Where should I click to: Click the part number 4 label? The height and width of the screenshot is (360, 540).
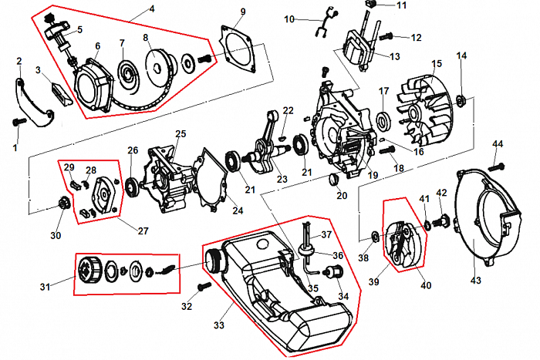click(x=151, y=8)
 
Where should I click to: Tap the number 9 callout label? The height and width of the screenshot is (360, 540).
click(x=242, y=11)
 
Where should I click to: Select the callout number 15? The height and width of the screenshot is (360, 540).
click(x=436, y=63)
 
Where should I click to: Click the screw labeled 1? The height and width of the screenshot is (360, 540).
click(x=20, y=121)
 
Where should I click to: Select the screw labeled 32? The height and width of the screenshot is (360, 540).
click(x=204, y=286)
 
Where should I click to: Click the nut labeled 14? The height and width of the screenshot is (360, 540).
click(x=461, y=98)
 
